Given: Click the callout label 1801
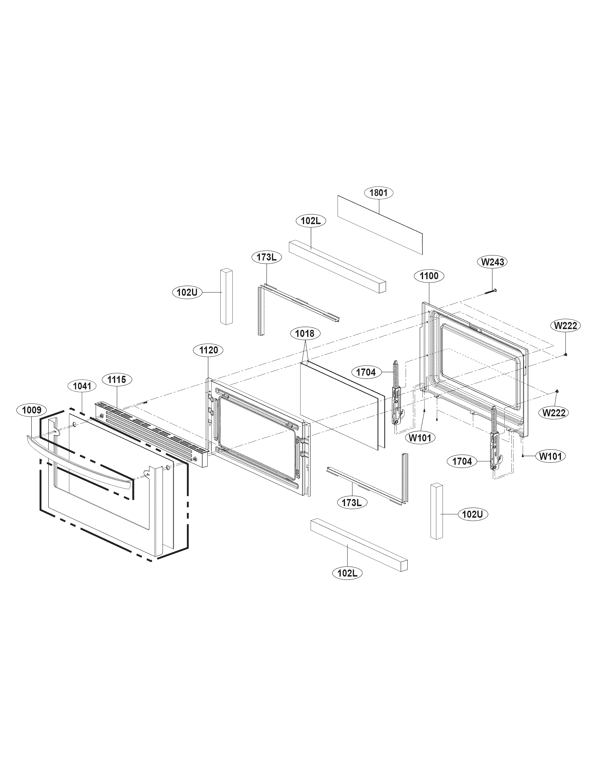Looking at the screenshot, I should point(378,193).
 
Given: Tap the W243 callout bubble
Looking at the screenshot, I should point(493,262).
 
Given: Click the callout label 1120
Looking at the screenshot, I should point(209,350).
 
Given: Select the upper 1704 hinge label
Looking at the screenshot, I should point(366,372).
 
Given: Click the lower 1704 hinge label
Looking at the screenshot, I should point(462,462).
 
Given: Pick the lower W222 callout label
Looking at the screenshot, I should point(554,413).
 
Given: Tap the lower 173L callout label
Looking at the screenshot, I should point(352,503).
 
